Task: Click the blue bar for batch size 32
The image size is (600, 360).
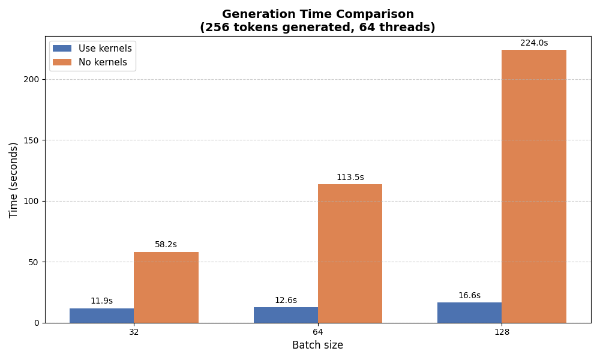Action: coord(101,316)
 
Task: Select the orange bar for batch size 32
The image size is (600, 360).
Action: coord(166,287)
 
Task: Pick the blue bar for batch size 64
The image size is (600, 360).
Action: coord(286,315)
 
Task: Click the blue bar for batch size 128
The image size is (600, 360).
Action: coord(470,313)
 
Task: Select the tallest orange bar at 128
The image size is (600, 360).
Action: coord(534,186)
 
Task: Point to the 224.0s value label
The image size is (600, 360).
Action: coord(534,43)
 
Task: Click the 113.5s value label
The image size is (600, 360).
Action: coord(350,178)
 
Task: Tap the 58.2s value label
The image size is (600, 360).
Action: coord(166,245)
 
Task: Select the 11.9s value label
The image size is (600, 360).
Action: coord(101,301)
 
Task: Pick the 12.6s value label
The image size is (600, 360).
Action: coord(286,301)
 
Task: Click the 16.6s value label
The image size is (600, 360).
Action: coord(470,296)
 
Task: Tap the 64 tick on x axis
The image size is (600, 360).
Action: coord(318,332)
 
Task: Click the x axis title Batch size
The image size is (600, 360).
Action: coord(317,346)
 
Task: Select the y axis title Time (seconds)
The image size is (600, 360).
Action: coord(14,180)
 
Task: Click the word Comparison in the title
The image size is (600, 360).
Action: coord(377,14)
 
